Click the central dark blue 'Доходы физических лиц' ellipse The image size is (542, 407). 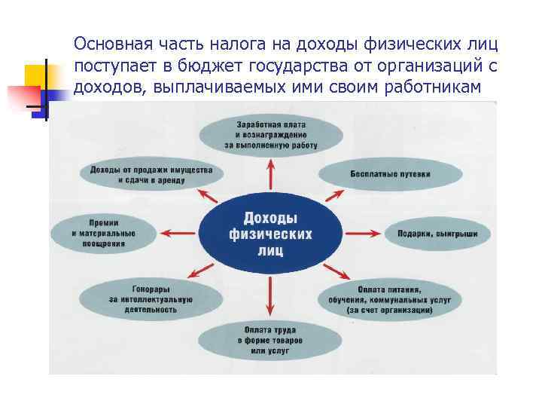pos(270,227)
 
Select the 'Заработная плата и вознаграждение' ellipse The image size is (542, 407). pos(270,134)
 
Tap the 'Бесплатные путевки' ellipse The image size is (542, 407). pos(390,174)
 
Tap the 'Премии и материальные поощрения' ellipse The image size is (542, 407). pos(104,234)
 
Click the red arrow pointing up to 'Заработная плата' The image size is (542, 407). pos(271,175)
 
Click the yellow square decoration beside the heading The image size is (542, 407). pos(35,76)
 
